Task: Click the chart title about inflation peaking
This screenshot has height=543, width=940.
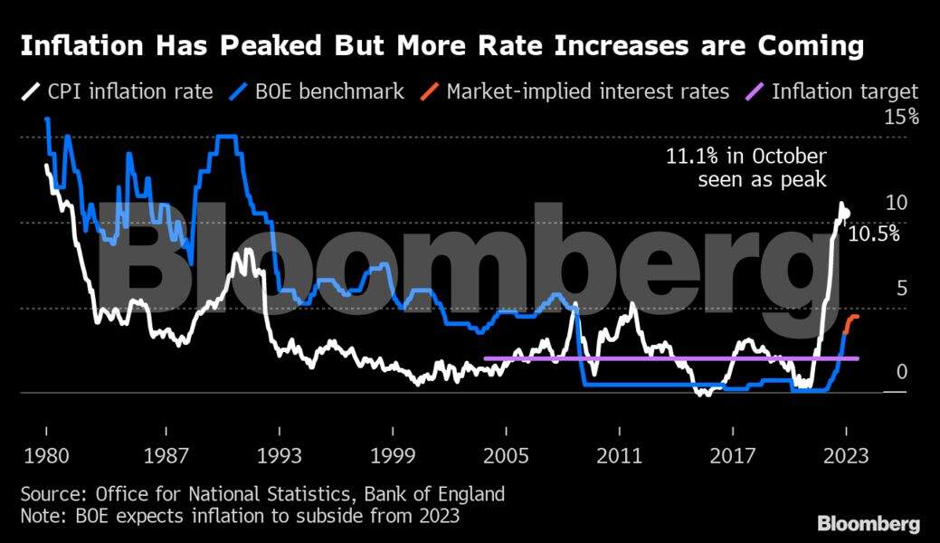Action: [442, 46]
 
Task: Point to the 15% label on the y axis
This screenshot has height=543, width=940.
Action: [900, 118]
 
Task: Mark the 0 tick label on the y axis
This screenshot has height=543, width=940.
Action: [901, 372]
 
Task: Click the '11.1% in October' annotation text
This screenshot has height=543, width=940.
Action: [746, 157]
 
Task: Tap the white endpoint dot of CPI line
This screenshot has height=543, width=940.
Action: [845, 214]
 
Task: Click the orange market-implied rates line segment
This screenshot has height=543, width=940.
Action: [850, 321]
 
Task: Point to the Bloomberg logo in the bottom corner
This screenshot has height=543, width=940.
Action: [869, 523]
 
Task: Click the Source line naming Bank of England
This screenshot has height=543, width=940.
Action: [262, 495]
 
